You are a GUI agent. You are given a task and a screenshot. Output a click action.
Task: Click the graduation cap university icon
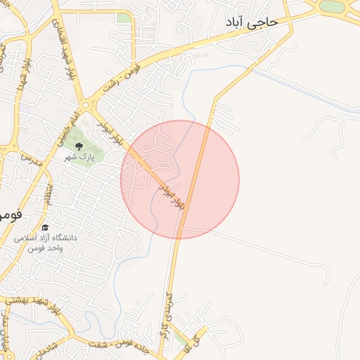46,227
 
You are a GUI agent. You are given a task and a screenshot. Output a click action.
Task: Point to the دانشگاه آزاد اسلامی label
43,238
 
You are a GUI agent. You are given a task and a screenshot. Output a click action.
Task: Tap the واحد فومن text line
46,249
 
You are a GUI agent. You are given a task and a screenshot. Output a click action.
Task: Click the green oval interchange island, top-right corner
332,6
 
